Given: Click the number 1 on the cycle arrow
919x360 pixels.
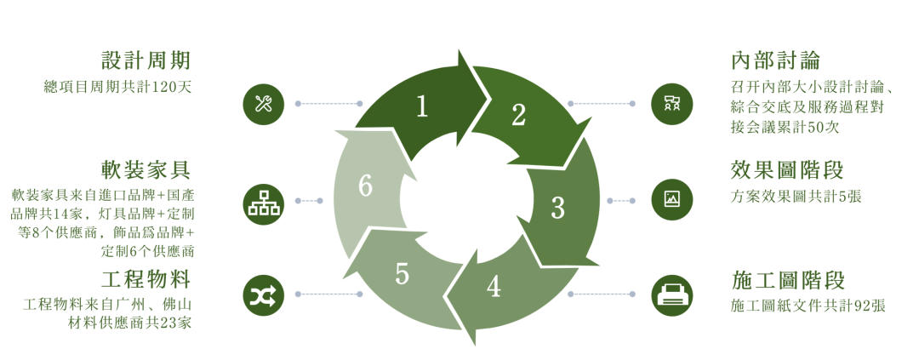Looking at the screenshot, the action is pyautogui.click(x=421, y=106).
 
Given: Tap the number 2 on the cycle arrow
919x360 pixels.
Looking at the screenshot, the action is pyautogui.click(x=518, y=115).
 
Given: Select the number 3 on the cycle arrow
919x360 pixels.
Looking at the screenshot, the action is pyautogui.click(x=558, y=208).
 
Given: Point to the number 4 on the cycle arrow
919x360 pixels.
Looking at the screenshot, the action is pyautogui.click(x=494, y=286).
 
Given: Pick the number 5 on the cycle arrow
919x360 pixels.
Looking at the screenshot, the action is pyautogui.click(x=402, y=274).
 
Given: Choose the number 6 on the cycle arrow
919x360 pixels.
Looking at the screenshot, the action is pyautogui.click(x=366, y=186).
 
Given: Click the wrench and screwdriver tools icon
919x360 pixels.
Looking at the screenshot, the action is pyautogui.click(x=264, y=105).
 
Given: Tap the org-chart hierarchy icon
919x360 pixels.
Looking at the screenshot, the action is pyautogui.click(x=264, y=201).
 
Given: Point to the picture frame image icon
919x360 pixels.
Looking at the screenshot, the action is pyautogui.click(x=671, y=199).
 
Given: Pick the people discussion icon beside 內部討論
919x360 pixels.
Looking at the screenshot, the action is pyautogui.click(x=671, y=105).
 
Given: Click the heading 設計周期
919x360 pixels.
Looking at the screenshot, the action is pyautogui.click(x=146, y=60).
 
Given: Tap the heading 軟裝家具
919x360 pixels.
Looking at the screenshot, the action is pyautogui.click(x=146, y=170).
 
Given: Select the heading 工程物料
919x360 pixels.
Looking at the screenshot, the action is pyautogui.click(x=146, y=280).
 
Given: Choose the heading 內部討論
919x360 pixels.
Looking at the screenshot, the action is pyautogui.click(x=776, y=60).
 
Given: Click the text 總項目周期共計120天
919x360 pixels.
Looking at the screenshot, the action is pyautogui.click(x=117, y=87).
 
